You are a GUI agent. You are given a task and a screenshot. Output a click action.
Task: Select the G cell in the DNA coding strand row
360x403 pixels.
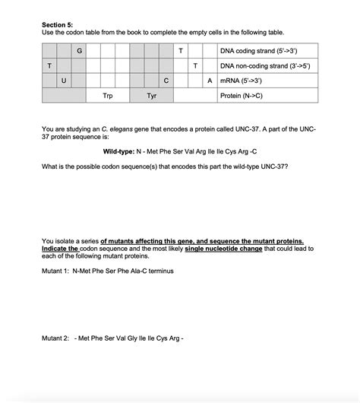[x=79, y=51]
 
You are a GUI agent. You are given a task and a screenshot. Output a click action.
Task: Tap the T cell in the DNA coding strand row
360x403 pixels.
[x=181, y=51]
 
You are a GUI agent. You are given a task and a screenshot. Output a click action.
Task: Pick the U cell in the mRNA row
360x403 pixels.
[x=64, y=81]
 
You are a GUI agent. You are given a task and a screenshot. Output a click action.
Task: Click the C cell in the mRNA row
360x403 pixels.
[x=166, y=81]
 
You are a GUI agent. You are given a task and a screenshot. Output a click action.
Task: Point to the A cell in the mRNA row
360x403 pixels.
[x=210, y=81]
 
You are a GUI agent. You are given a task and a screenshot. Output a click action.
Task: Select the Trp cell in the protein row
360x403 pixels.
[x=108, y=96]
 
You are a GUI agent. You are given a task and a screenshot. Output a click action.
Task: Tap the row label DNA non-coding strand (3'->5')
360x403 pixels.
[x=264, y=66]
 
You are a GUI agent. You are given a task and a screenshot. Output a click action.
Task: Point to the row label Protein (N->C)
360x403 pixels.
[x=242, y=96]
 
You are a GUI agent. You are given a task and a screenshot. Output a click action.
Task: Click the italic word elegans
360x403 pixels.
[x=115, y=130]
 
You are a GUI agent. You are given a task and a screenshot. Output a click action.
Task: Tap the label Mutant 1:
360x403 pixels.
[x=57, y=270]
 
